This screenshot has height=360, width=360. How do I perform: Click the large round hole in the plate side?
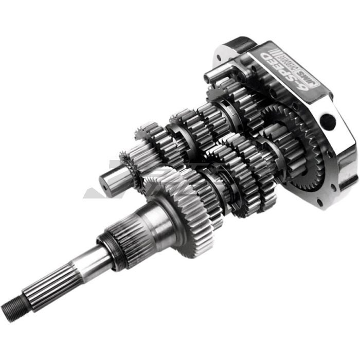click(x=328, y=122)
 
